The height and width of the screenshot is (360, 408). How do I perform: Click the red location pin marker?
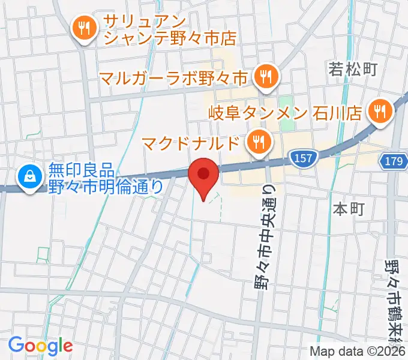[203, 175]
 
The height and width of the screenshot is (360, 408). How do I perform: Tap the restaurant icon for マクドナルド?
[259, 142]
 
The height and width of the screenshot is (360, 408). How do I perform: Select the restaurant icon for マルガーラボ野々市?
[264, 76]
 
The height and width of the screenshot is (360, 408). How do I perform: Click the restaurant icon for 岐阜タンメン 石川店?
[380, 110]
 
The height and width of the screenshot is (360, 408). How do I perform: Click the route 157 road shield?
[304, 157]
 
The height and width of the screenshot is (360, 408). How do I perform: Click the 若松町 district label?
[352, 69]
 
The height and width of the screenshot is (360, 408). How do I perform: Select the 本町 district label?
[349, 209]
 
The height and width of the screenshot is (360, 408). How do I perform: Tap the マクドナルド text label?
[193, 144]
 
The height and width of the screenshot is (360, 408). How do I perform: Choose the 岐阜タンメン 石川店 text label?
[286, 112]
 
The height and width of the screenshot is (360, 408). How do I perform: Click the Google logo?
[40, 345]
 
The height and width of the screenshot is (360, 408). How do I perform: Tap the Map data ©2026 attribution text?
[358, 352]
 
